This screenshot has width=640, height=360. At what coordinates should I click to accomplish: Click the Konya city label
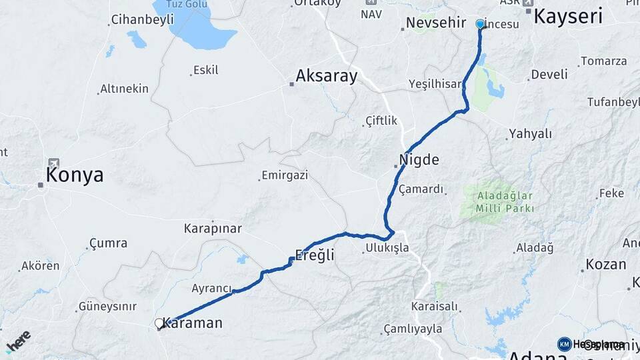(x=75, y=175)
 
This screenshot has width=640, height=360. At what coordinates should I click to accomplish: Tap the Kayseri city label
(x=568, y=17)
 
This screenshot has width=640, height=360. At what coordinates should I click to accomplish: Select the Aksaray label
(x=327, y=75)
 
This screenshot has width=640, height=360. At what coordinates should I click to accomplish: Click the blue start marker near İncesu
(x=480, y=24)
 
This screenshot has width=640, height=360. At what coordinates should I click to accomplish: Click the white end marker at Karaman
(x=159, y=323)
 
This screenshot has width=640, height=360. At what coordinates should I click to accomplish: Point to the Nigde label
(x=419, y=160)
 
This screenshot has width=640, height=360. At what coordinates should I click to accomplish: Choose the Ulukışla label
(x=387, y=249)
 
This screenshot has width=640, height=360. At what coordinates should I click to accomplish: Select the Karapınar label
(x=213, y=228)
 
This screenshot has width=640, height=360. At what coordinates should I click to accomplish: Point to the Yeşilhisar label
(x=435, y=84)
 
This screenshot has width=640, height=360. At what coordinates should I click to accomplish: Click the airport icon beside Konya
(x=53, y=163)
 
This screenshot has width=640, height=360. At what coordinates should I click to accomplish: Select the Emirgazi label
(x=285, y=175)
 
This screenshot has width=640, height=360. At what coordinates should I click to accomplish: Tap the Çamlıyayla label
(x=413, y=329)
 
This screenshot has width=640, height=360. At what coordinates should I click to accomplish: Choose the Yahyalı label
(x=531, y=134)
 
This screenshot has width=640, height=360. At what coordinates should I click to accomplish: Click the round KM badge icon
(x=564, y=344)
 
